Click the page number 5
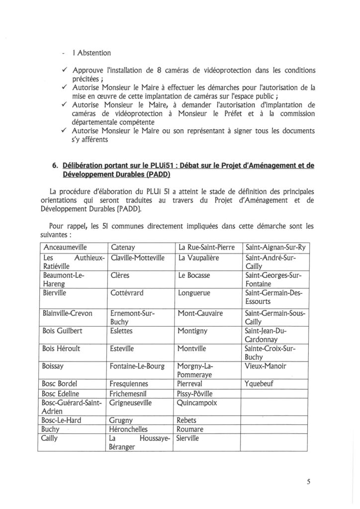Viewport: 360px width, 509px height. point(308,482)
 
